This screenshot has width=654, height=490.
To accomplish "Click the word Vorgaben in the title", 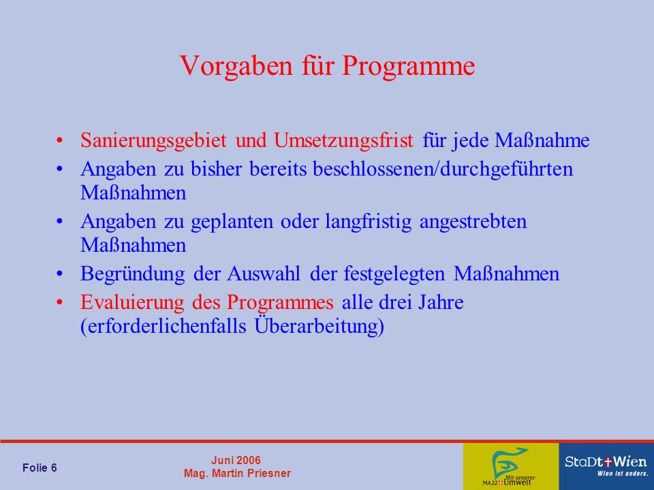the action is (x=236, y=65).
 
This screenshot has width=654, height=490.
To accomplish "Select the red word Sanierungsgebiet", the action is (x=153, y=141).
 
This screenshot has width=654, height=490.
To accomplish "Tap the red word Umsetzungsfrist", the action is (x=343, y=140).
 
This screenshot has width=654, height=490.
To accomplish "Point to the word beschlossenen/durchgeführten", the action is (x=443, y=169).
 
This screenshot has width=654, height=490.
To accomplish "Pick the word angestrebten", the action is (x=473, y=222).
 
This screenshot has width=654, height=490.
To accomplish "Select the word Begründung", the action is (x=133, y=274).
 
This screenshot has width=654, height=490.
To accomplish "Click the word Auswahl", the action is (x=264, y=274).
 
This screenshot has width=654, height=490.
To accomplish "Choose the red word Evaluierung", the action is (x=132, y=303).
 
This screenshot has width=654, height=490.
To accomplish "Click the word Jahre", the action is (x=441, y=302).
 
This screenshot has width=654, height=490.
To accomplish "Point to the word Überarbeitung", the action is (x=319, y=326).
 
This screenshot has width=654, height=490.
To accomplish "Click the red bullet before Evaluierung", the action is (x=60, y=302).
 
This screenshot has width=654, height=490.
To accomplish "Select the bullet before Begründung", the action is (x=60, y=274).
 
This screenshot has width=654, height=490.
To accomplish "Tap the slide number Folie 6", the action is (x=40, y=468).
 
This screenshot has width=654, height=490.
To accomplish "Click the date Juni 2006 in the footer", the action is (x=236, y=461).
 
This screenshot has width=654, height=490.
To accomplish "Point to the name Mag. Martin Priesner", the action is (x=237, y=474).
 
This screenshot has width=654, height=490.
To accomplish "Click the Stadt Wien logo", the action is (x=606, y=465).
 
